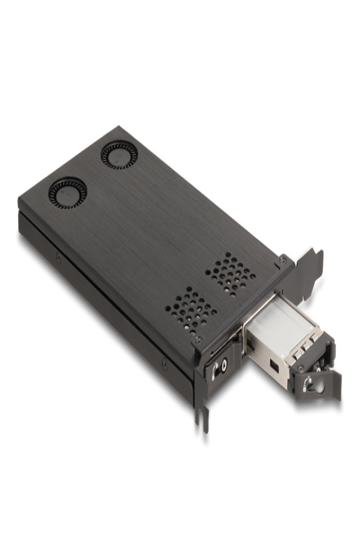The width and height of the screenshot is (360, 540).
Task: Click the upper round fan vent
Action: (118, 154)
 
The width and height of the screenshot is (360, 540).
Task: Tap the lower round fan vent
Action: (67, 193)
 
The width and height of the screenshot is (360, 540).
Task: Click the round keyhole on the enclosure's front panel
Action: (221, 367)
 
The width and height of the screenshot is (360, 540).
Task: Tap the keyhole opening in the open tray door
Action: (312, 383)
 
